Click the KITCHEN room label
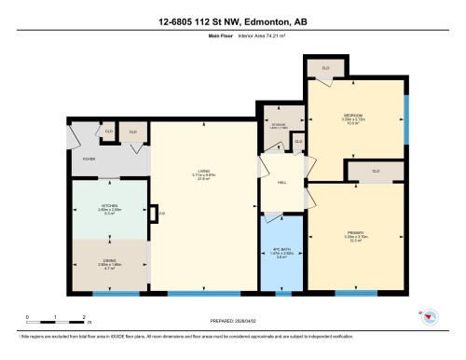(x=110, y=207)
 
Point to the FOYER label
(x=89, y=159)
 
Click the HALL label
(x=281, y=183)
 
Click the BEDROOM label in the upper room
(x=358, y=116)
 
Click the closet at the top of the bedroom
(x=326, y=68)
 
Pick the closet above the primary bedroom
(x=376, y=171)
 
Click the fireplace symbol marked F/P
(x=162, y=215)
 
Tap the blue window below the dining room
(x=110, y=294)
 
